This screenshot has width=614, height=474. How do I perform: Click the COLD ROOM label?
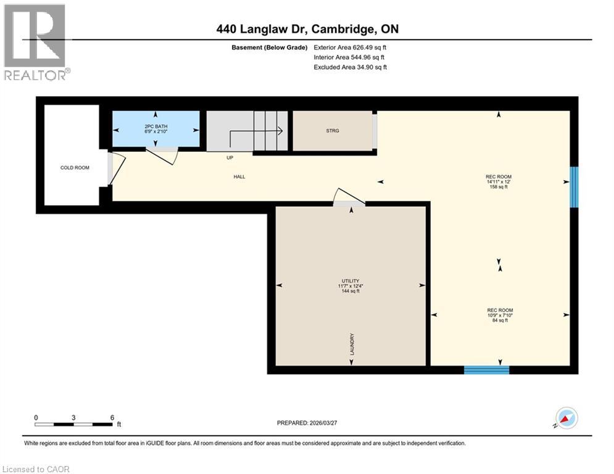pos(75,167)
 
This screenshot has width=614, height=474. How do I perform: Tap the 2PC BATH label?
pos(155,126)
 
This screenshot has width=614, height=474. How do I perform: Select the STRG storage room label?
pos(333,130)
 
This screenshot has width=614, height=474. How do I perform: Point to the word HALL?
pos(239,177)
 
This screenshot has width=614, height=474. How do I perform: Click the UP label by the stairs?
pos(229,157)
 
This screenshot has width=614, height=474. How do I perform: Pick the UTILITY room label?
pos(351,281)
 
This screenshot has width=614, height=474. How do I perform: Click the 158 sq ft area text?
pos(499,187)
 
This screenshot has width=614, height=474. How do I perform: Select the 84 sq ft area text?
pos(499,320)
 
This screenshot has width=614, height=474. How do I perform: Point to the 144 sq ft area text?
pos(351,291)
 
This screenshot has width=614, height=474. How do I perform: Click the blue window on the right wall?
pos(575,186)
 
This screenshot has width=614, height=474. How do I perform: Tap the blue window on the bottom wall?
pos(486,370)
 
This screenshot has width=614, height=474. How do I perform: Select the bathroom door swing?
pos(164,155)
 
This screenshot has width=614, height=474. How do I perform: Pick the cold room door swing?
pos(117,168)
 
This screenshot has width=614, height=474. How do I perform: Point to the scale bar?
pos(74,423)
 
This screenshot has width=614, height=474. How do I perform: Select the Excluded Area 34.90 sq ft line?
pos(351,67)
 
